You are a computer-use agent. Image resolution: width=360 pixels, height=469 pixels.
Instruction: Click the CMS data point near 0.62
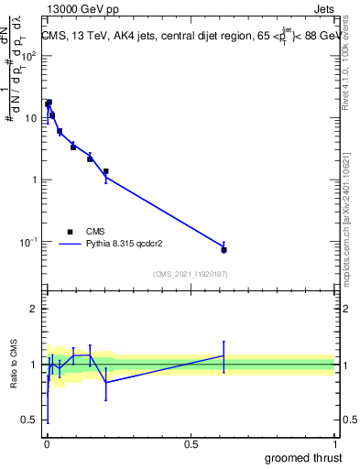pyautogui.click(x=224, y=249)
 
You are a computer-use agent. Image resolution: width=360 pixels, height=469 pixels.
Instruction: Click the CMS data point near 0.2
pyautogui.click(x=105, y=171)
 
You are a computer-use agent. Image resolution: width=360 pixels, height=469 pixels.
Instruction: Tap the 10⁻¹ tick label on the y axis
pyautogui.click(x=30, y=242)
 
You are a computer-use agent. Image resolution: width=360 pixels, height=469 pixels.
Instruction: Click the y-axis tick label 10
pyautogui.click(x=32, y=118)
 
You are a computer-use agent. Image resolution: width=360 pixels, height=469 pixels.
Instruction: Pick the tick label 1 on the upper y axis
pyautogui.click(x=36, y=180)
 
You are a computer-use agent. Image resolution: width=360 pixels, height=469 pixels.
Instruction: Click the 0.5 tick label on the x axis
pyautogui.click(x=190, y=444)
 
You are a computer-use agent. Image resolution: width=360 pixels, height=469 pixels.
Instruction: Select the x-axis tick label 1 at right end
pyautogui.click(x=337, y=444)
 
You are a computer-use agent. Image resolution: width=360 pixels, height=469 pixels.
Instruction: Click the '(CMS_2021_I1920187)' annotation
pyautogui.click(x=190, y=274)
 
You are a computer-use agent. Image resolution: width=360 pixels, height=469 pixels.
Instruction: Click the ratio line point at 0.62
pyautogui.click(x=224, y=355)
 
